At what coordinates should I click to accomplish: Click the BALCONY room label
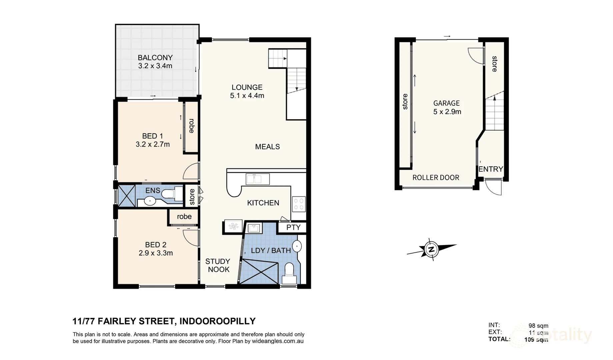(x=155, y=58)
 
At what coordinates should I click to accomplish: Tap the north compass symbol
(x=431, y=249)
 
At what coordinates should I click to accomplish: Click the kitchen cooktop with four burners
(x=298, y=204)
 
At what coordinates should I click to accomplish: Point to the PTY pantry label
(x=293, y=227)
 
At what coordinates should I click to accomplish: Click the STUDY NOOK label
(x=218, y=265)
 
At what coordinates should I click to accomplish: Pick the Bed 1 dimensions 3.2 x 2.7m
(x=153, y=144)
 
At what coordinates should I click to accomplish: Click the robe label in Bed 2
(x=184, y=217)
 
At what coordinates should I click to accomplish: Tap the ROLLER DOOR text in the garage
(x=436, y=178)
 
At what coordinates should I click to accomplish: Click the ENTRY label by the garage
(x=490, y=169)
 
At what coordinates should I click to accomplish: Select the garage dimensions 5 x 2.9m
(x=447, y=112)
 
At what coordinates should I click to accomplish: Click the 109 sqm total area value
(x=536, y=340)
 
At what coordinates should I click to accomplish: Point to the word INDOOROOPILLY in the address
(x=217, y=321)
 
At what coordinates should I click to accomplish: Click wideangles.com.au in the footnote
(x=278, y=341)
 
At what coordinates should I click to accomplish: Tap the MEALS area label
(x=267, y=147)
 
